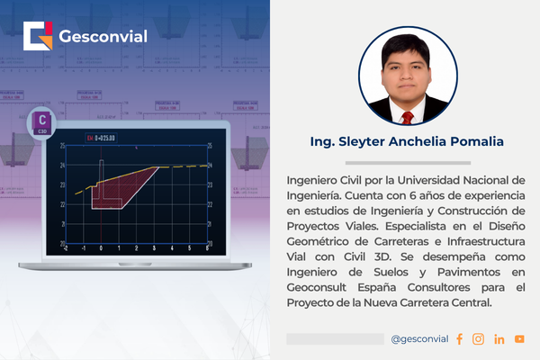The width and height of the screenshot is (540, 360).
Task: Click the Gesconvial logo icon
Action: [38, 38]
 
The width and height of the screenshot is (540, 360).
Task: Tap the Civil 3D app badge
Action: [40, 122]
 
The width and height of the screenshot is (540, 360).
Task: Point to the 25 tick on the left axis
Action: [61, 147]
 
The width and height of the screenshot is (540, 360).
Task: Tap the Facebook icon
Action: [459, 339]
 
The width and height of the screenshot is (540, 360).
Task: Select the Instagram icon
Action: [479, 339]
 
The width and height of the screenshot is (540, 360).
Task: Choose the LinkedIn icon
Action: [499, 339]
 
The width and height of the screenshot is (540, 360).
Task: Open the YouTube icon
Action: [519, 339]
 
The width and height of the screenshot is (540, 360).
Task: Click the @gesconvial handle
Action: [420, 339]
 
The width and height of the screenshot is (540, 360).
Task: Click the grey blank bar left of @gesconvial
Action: [335, 339]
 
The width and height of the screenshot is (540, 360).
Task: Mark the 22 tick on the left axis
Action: [61, 204]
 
